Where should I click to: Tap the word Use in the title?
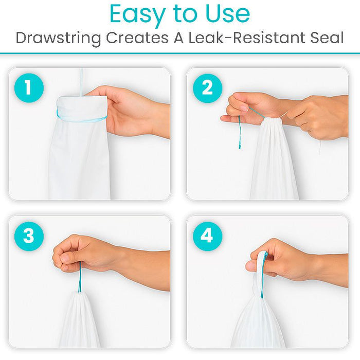click(x=224, y=14)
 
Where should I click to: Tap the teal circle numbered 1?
click(x=29, y=88)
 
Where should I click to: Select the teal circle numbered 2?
click(x=207, y=88)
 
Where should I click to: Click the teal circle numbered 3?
click(x=29, y=236)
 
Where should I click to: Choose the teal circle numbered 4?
click(x=207, y=236)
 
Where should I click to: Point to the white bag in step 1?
click(x=80, y=154)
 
